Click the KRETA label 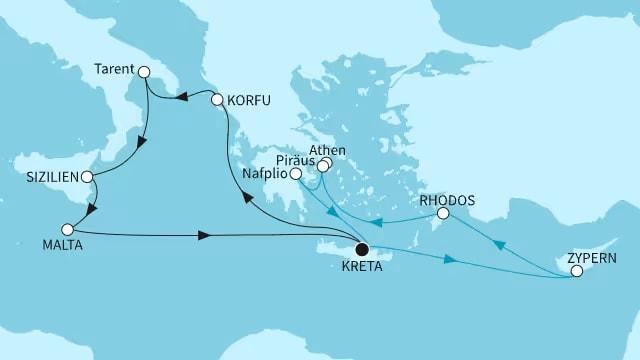click(x=360, y=270)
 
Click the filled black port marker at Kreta click(x=361, y=250)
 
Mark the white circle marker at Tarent click(x=143, y=71)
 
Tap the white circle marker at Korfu click(x=217, y=99)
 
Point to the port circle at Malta click(x=69, y=227)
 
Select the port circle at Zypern click(x=576, y=271)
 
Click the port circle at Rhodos click(x=444, y=214)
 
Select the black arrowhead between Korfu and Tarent click(x=182, y=97)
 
